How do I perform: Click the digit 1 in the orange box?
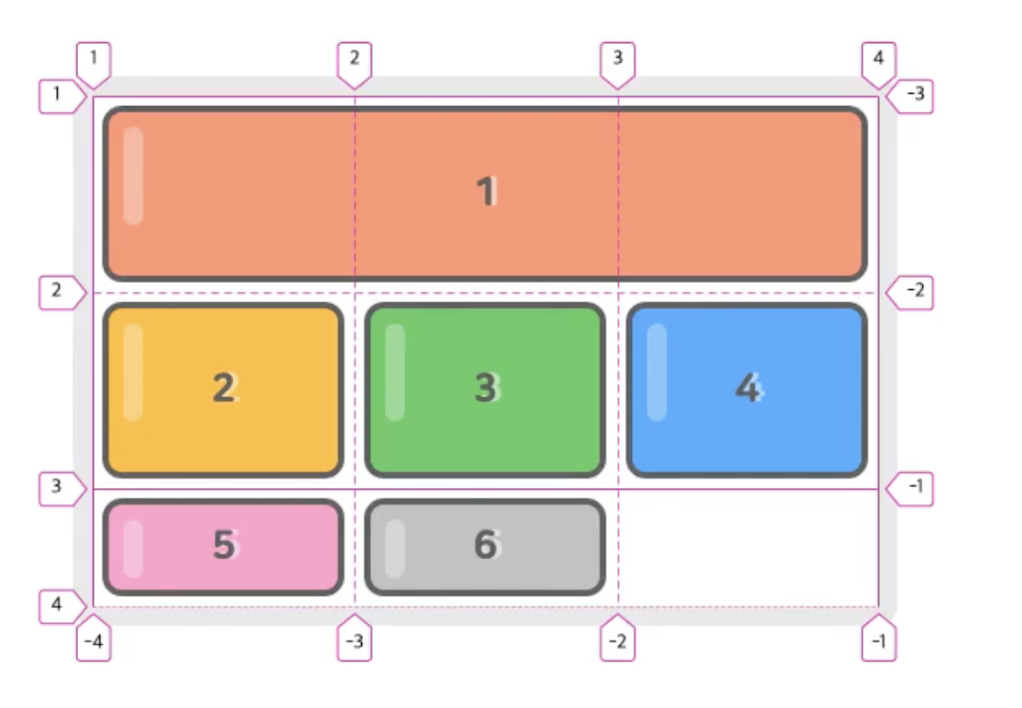point(486,192)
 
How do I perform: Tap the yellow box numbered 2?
point(223,390)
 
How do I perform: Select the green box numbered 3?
point(485,390)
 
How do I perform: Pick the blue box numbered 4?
point(747,390)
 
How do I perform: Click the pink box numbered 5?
point(223,547)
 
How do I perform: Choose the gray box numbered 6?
point(485,547)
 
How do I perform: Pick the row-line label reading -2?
point(914,292)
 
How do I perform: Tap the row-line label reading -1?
point(914,488)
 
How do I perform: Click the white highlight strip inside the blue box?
point(656,372)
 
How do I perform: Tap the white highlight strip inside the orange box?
point(132,176)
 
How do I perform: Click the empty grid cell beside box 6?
point(748,547)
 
